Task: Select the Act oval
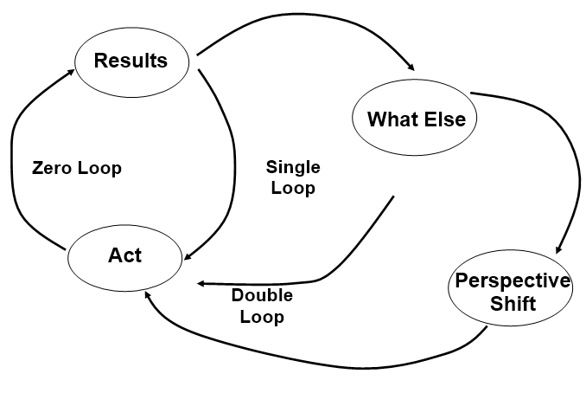point(124,256)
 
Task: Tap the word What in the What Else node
point(386,119)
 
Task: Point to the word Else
point(443,119)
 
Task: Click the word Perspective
point(513,282)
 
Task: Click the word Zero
point(50,168)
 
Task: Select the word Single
point(291,167)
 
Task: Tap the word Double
point(261,296)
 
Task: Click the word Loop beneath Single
point(291,188)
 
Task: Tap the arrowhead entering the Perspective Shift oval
point(559,249)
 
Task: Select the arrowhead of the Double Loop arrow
point(202,283)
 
